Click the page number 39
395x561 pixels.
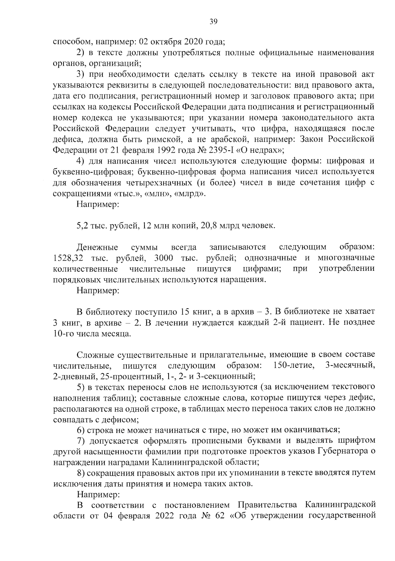tap(214, 22)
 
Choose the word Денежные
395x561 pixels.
tap(97, 247)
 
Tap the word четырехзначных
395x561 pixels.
tap(158, 183)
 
